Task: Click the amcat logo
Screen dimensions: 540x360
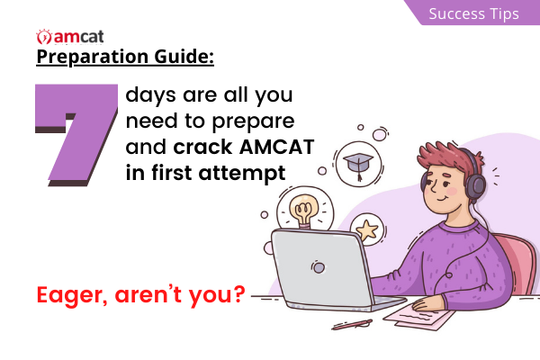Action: click(x=70, y=37)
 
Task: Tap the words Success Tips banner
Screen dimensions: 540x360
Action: click(x=473, y=13)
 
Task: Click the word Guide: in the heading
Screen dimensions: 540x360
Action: click(x=184, y=57)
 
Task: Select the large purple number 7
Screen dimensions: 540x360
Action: click(x=76, y=135)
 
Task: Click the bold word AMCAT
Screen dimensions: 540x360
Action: click(x=276, y=147)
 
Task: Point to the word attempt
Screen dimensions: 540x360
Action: click(x=242, y=174)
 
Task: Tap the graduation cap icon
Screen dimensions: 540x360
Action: click(x=358, y=165)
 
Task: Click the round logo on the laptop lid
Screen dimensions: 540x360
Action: click(x=319, y=267)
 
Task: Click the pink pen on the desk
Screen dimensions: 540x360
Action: click(x=352, y=325)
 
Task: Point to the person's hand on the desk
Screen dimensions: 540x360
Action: click(x=426, y=304)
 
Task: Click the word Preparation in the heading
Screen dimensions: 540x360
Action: click(x=93, y=57)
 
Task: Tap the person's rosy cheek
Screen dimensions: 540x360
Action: click(x=452, y=191)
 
